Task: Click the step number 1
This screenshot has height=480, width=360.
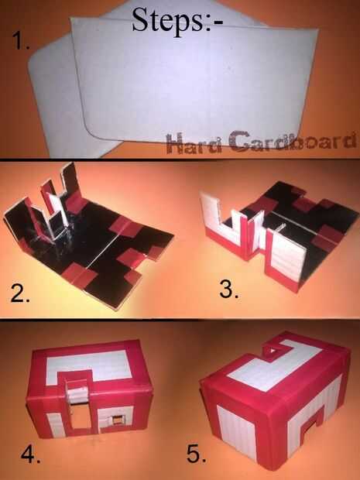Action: coord(20,41)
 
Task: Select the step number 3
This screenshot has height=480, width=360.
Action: coord(228,290)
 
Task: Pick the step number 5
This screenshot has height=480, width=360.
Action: coord(196,454)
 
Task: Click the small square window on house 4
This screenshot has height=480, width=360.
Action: coord(117,420)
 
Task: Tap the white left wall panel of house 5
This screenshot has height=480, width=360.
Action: coord(236,431)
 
